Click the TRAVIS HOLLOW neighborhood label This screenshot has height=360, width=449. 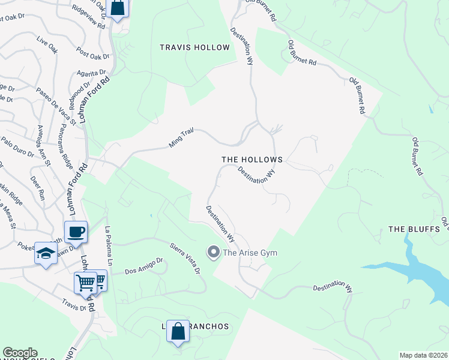tap(194, 47)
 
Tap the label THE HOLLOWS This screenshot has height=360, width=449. tap(252, 160)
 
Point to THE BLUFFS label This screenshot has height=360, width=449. tap(414, 229)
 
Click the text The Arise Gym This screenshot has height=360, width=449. tap(250, 253)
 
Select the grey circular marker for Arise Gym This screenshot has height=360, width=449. tap(212, 252)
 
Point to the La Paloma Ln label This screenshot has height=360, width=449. tap(109, 246)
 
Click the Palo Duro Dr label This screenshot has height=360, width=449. tap(17, 146)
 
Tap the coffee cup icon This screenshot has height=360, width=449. tap(76, 232)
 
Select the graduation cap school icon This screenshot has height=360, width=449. tap(45, 254)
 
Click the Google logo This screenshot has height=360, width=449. tap(20, 353)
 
